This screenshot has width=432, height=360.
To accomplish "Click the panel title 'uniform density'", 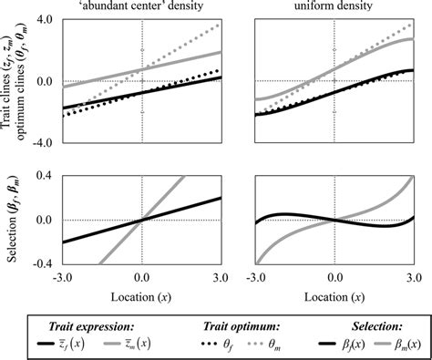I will [335, 8].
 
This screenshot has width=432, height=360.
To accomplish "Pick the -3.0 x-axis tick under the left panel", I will [64, 276].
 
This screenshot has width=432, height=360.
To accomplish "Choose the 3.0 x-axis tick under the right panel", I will [412, 276].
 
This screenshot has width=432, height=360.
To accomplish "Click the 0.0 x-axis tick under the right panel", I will [335, 276].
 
